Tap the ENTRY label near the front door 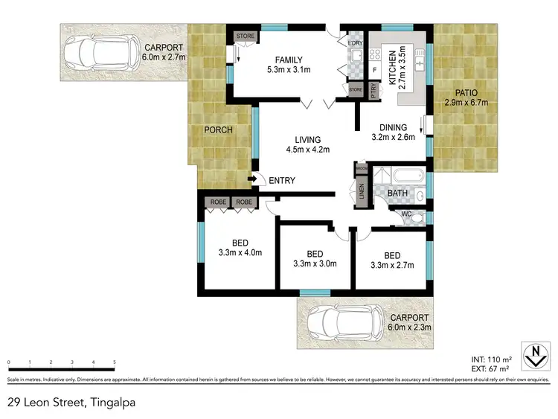(282, 180)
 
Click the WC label (406, 215)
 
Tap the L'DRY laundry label (354, 43)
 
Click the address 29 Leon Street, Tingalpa (71, 403)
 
